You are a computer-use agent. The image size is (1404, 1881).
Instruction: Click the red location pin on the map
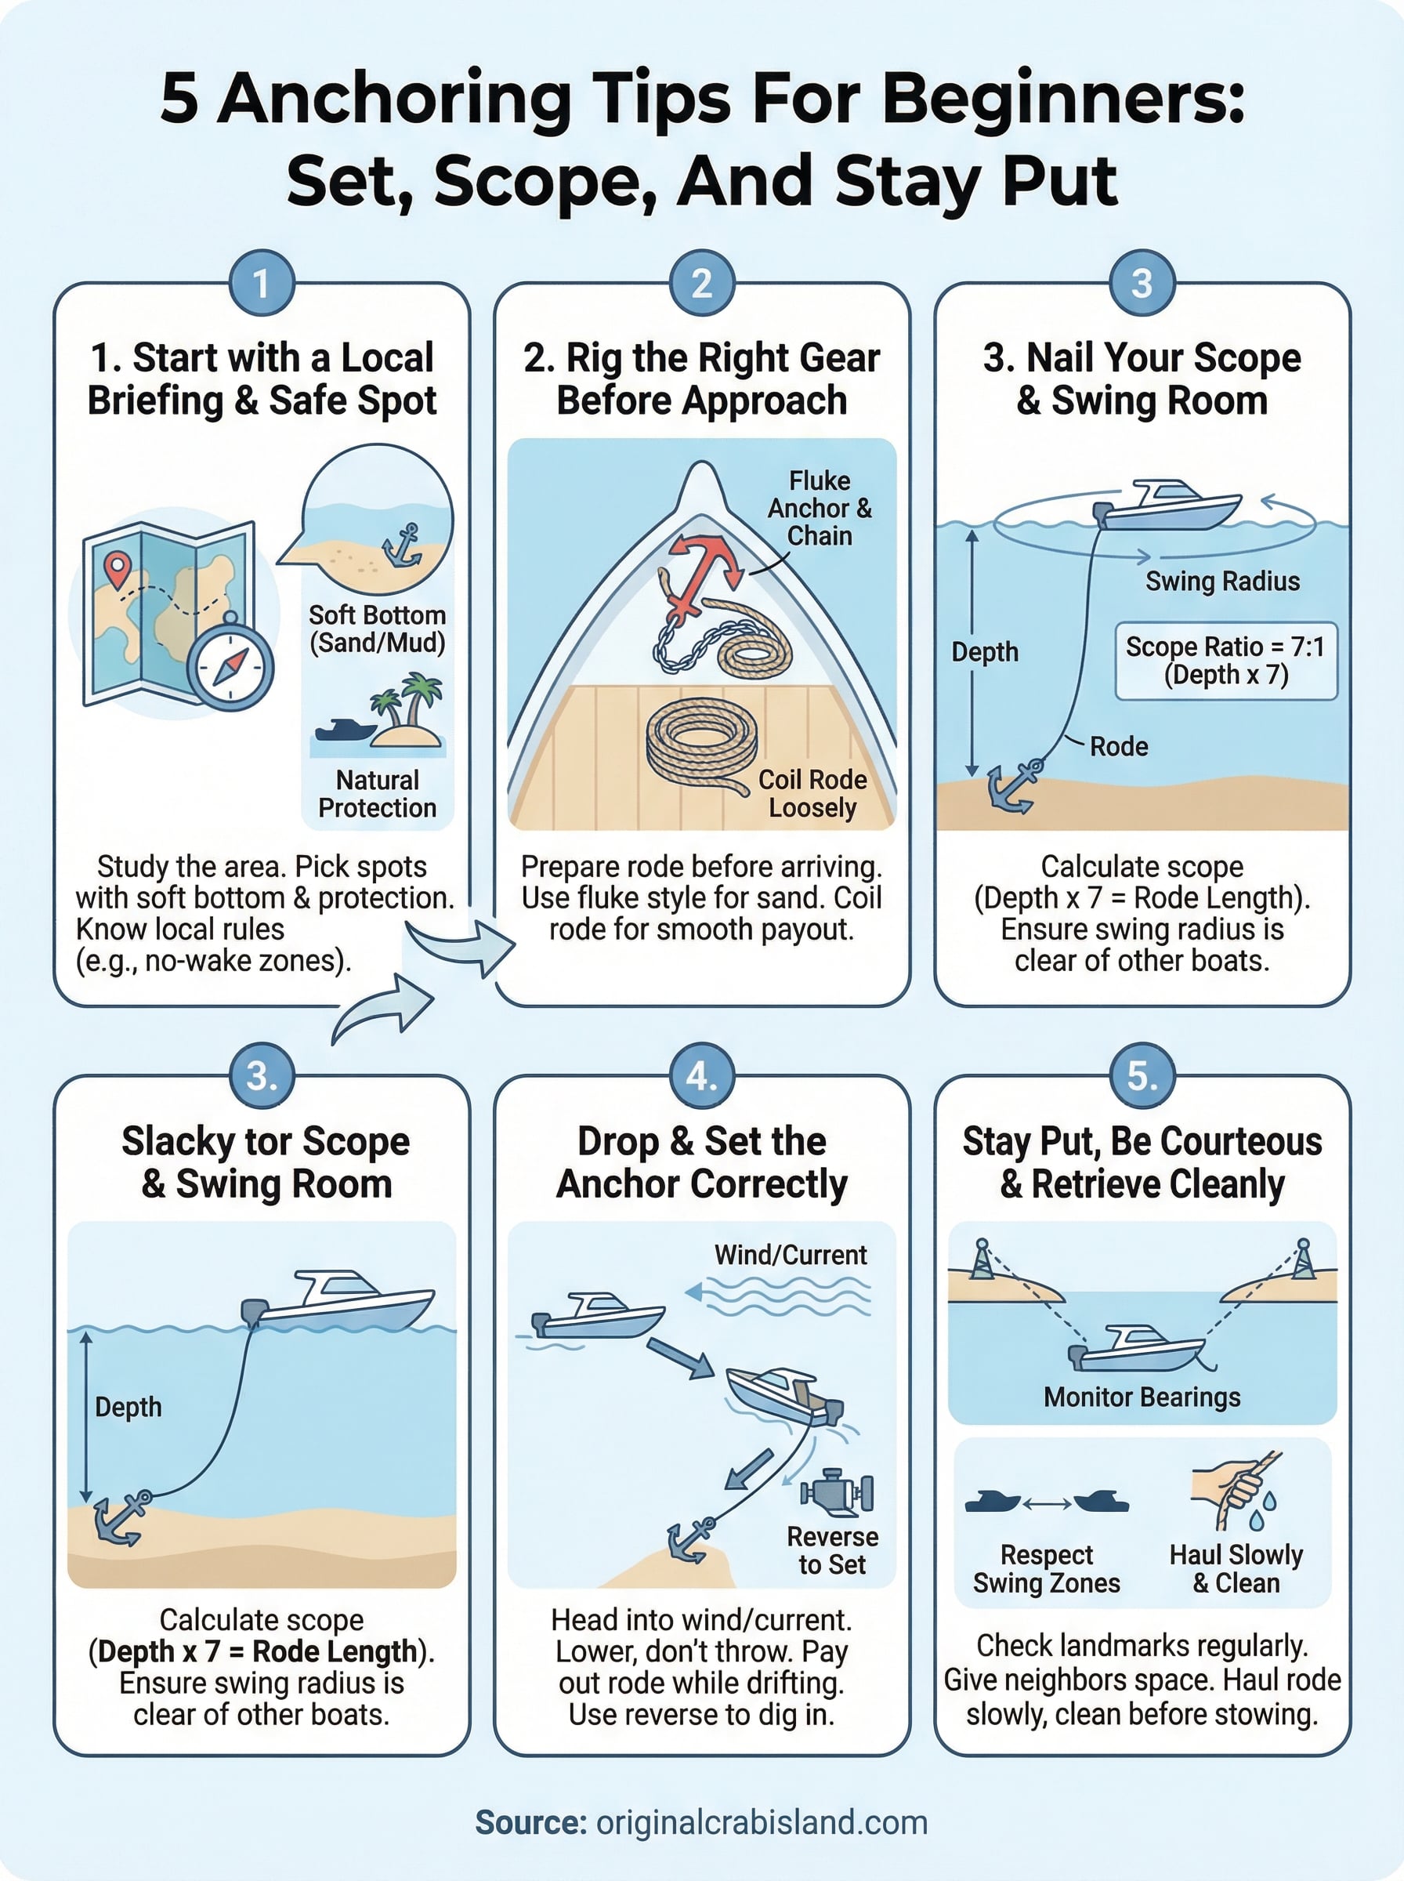[117, 567]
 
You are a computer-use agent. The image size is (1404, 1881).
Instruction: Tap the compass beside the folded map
[230, 666]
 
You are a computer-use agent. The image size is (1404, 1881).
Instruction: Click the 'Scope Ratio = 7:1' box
[1225, 661]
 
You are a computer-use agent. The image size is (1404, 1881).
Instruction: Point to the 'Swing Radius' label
[1222, 582]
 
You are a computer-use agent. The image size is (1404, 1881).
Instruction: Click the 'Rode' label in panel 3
[1119, 746]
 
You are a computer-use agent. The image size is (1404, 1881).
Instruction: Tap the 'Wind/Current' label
[791, 1255]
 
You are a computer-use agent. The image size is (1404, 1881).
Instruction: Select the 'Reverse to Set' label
[832, 1550]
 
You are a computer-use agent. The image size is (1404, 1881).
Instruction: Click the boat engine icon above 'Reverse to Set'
[836, 1491]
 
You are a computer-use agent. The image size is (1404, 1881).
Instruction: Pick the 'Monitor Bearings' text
[1142, 1397]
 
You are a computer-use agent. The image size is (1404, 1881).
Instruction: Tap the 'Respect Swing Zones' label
[1046, 1568]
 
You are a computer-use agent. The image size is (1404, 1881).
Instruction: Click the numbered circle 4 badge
[702, 1076]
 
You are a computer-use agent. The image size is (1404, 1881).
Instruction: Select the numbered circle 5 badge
[1142, 1076]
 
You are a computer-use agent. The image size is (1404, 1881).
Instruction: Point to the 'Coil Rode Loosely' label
[812, 793]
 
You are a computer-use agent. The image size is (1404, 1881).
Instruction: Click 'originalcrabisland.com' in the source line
[762, 1822]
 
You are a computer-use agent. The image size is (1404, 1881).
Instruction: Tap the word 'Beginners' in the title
[1062, 100]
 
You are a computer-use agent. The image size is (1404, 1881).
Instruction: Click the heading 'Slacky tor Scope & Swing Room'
[265, 1162]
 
